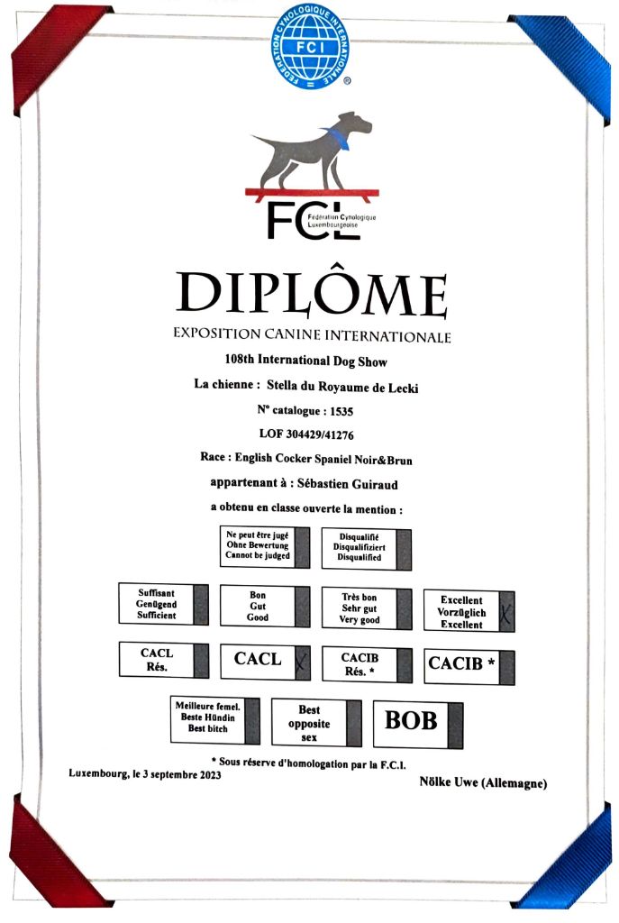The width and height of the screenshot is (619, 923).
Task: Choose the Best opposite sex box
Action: [316, 723]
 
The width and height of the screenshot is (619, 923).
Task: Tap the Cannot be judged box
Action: [264, 546]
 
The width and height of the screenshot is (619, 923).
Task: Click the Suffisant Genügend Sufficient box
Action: [163, 604]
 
